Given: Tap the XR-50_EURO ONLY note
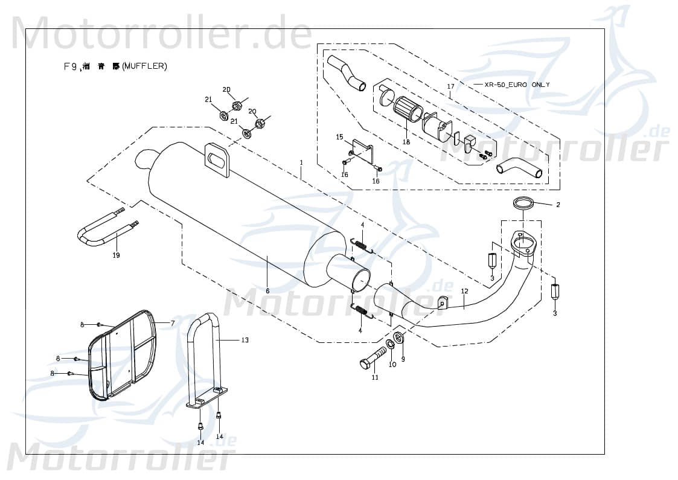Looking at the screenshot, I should click(x=517, y=85).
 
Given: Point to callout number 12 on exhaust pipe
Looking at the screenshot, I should click(x=464, y=291).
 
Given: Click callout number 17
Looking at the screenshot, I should click(x=450, y=87).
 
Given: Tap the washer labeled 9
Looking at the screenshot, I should click(x=399, y=337).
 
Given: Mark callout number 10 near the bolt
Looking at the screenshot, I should click(x=392, y=365).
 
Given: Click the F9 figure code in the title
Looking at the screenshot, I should click(x=70, y=66).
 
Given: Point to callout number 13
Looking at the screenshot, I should click(x=245, y=340).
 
